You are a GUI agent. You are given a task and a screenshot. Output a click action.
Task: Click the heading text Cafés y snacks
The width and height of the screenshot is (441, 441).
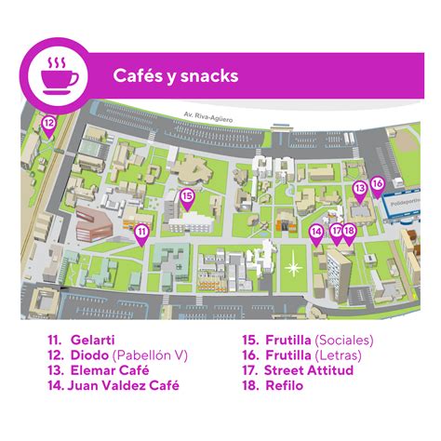pos(175,74)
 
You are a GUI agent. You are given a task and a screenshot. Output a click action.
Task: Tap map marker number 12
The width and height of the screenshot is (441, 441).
pos(48,123)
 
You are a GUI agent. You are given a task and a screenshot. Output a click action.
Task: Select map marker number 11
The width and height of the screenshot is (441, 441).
pos(141,231)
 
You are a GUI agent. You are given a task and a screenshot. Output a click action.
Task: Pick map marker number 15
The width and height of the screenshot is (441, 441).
pos(187,196)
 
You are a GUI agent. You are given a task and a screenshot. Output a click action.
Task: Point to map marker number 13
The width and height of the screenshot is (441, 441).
pos(359,189)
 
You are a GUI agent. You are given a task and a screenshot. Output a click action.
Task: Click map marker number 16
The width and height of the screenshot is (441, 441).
pos(377,184)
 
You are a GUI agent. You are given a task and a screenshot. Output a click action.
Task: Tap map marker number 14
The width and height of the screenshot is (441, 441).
pos(316,232)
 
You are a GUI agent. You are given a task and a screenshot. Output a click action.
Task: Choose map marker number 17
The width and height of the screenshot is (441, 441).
pos(336,230)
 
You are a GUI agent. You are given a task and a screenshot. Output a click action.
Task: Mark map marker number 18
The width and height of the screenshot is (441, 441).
pos(349,230)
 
